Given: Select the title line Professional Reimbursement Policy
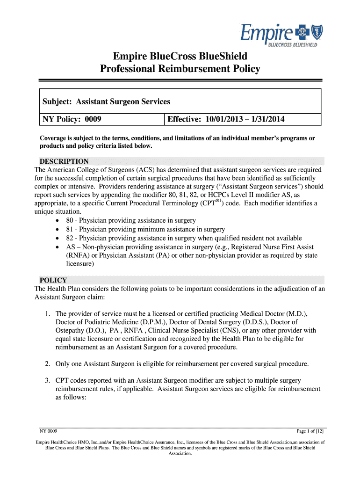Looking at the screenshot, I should coord(180,69).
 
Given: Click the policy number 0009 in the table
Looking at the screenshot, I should coord(93,120).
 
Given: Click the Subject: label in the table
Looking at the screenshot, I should coord(58,101).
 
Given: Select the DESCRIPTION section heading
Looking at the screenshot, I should coord(64,161).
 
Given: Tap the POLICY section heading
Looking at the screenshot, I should coord(53,280).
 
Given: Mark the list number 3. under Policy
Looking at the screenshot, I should coord(48,380).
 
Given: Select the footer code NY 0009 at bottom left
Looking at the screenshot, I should coord(48,431).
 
